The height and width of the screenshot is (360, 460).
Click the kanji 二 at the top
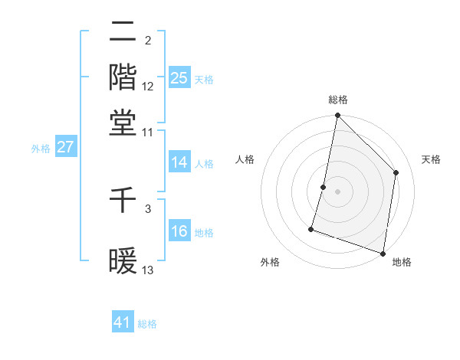pos(123,33)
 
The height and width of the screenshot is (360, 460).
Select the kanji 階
pos(123,77)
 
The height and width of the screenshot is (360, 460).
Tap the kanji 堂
pos(123,123)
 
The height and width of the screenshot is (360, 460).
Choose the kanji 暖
pos(123,260)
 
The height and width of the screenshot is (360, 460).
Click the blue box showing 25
pos(179,77)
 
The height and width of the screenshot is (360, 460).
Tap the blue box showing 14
pos(179,162)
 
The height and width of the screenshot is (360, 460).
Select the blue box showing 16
pos(179,231)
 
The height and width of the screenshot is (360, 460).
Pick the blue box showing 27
pos(65,147)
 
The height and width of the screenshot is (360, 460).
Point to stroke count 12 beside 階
pos(148,87)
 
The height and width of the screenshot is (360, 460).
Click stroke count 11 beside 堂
pos(148,132)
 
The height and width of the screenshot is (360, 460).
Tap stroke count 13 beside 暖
pos(148,270)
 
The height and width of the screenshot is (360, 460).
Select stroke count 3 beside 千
pos(148,208)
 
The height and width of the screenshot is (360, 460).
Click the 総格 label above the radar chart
pos(337,100)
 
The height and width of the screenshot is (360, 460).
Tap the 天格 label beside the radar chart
pos(431,159)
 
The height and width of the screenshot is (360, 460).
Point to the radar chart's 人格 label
pos(245,159)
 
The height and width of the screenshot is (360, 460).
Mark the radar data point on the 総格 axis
pos(337,116)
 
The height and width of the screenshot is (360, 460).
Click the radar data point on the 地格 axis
pos(383,253)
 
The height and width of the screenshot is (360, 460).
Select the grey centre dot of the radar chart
pos(337,191)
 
